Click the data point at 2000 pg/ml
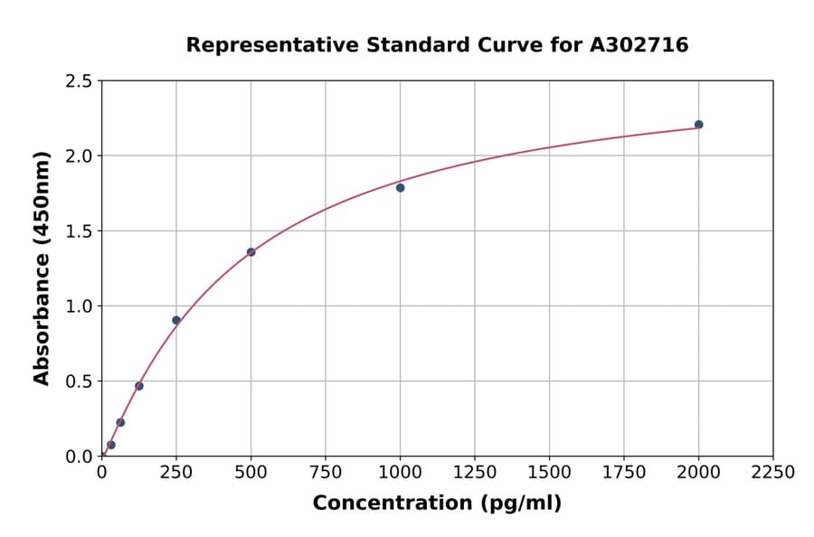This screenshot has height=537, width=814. tap(698, 125)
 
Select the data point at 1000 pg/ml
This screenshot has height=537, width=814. tap(400, 188)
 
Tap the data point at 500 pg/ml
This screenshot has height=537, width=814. tap(251, 252)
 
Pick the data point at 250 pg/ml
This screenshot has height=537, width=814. tap(176, 320)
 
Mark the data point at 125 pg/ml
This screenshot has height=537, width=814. tap(139, 386)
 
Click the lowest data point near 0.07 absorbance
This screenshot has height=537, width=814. tap(111, 445)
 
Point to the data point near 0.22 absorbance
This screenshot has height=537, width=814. tap(120, 422)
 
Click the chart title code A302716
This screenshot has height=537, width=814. tap(639, 45)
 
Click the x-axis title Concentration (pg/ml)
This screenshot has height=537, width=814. tap(437, 504)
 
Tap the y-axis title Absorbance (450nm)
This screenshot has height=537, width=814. tap(42, 268)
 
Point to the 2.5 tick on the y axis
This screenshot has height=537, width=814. tap(79, 81)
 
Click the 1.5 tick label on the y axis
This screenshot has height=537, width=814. tap(79, 231)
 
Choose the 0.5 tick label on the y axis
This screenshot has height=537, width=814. tap(79, 382)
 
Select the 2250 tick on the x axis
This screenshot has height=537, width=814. tap(772, 472)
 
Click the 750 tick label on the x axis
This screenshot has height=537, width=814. tap(326, 472)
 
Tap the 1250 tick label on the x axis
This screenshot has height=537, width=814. tap(475, 472)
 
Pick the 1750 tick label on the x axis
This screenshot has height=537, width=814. tap(623, 472)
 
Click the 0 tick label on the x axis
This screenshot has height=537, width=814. tap(101, 472)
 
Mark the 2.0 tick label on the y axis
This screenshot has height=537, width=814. tap(79, 156)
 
